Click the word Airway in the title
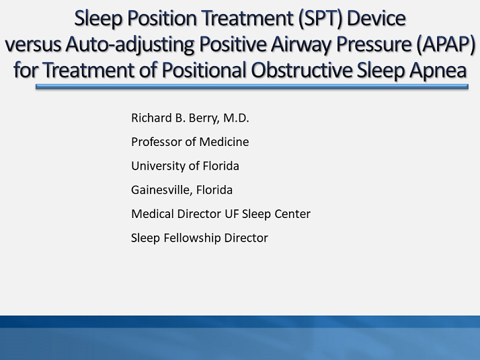point(307,44)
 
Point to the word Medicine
point(224,142)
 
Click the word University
point(157,166)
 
